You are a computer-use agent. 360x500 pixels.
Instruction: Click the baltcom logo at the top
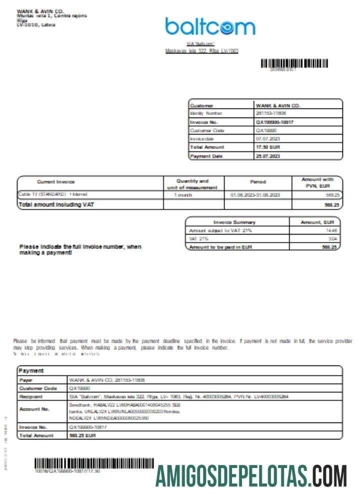210,26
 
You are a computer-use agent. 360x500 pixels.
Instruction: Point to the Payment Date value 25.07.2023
268,156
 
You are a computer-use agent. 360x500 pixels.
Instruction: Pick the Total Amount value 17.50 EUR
268,147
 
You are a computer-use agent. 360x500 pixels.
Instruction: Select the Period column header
257,182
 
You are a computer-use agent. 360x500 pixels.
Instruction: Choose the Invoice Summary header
234,222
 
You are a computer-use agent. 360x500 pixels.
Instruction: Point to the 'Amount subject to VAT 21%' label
220,230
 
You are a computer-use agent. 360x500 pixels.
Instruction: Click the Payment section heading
31,371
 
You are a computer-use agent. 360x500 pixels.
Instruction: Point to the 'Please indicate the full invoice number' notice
80,249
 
